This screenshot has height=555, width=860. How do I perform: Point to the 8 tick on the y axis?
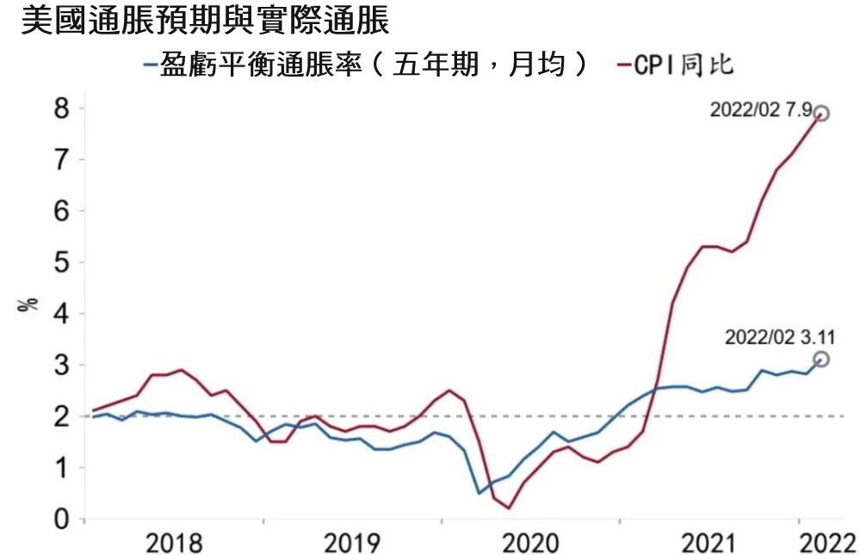click(60, 108)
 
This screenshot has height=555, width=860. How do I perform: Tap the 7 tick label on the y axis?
click(60, 160)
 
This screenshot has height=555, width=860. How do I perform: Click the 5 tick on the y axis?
click(60, 262)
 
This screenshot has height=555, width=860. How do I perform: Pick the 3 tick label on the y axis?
click(60, 365)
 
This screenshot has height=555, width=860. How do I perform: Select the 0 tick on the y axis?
click(60, 519)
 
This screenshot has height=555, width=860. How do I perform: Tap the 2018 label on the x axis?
click(174, 542)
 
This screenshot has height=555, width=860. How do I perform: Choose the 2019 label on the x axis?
click(352, 542)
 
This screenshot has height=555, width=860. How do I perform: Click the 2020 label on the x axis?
click(530, 542)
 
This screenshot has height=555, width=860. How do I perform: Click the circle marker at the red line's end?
click(821, 114)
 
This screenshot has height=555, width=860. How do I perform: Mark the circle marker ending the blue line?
click(821, 359)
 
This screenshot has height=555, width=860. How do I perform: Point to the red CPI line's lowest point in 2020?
click(509, 509)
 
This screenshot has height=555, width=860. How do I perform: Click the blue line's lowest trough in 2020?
click(479, 493)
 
